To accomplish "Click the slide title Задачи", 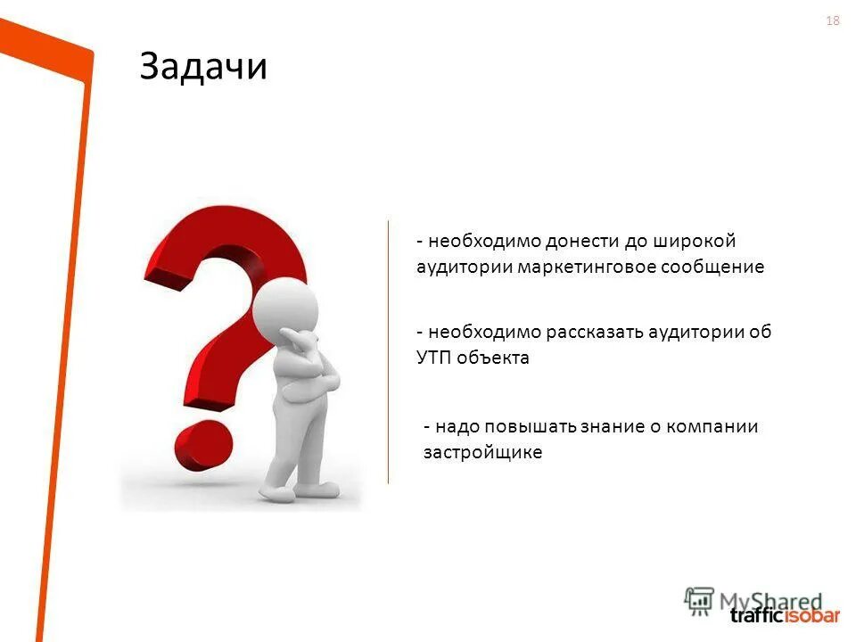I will [203, 67].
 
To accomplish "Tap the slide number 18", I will [833, 21].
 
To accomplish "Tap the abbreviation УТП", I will [434, 358].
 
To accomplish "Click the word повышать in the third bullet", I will [530, 426].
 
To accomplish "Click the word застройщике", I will [482, 452].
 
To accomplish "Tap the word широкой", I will [701, 242].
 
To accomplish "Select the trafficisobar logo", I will [785, 615].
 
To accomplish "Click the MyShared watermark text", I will [767, 600].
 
